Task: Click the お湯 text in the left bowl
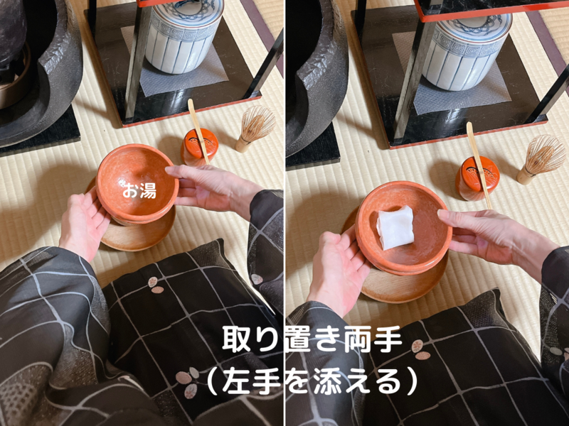pyautogui.click(x=139, y=190)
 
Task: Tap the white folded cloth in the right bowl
pyautogui.click(x=395, y=227)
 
